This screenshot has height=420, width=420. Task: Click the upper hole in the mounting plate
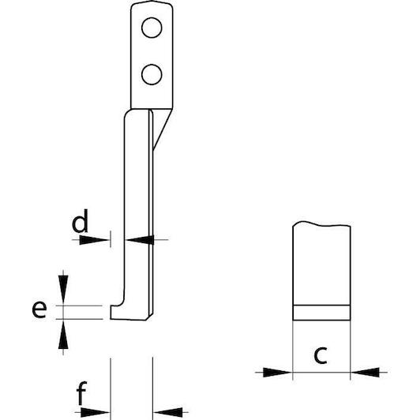click(x=152, y=28)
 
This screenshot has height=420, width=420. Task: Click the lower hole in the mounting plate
click(x=152, y=74)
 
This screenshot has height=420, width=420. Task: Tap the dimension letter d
click(x=80, y=221)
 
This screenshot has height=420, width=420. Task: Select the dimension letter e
click(x=39, y=309)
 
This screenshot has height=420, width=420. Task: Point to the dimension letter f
click(x=81, y=393)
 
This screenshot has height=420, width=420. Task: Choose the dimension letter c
click(x=321, y=355)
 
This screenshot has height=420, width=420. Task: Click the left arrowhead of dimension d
click(x=95, y=240)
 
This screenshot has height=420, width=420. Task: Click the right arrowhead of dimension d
click(x=139, y=240)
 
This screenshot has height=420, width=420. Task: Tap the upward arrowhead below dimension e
click(x=63, y=334)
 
